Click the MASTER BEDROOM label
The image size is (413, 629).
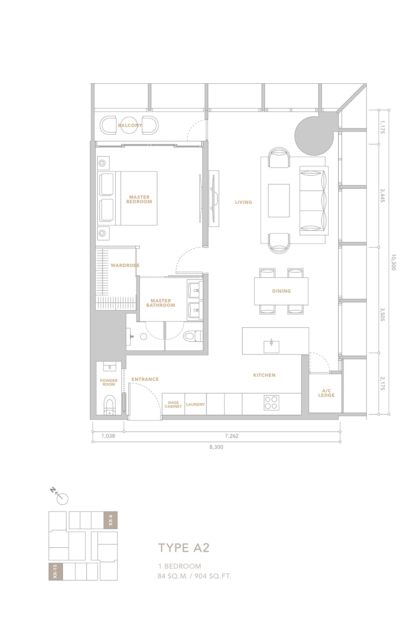tap(139, 199)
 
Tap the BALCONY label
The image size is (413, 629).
tap(130, 125)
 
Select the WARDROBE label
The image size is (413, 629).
tap(125, 266)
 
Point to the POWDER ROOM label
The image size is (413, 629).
tap(109, 382)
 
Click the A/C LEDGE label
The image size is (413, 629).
tap(326, 393)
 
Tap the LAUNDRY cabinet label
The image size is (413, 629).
tap(195, 404)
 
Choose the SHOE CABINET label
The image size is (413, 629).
tap(173, 404)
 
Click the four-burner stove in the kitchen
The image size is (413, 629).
tap(271, 403)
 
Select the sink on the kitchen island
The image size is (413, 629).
tap(271, 346)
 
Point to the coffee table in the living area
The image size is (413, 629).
tap(279, 200)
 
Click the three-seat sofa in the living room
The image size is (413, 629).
tap(314, 200)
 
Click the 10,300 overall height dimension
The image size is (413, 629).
tap(393, 262)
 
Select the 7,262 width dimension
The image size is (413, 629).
tap(232, 436)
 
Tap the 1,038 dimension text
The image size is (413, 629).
tap(108, 436)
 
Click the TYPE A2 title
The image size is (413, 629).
tap(184, 548)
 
